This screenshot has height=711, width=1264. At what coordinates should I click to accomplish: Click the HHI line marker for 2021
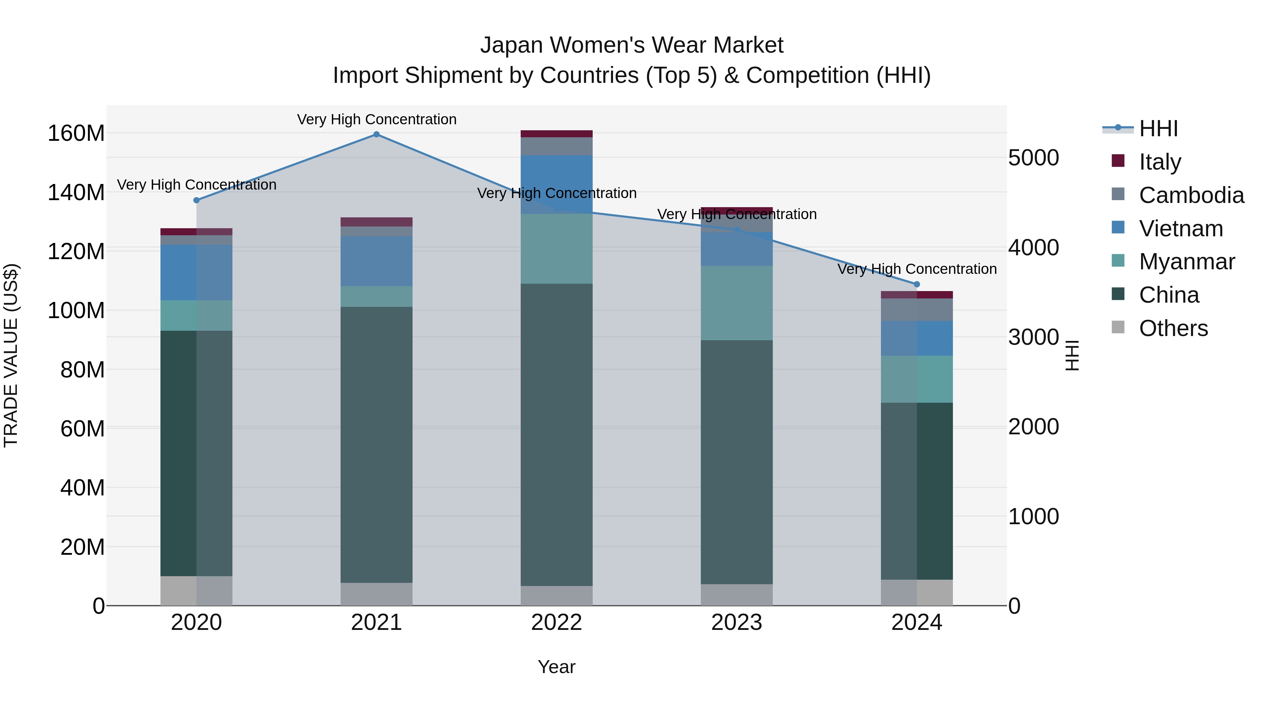[x=376, y=134]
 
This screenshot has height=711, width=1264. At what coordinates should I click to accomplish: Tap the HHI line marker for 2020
[x=196, y=200]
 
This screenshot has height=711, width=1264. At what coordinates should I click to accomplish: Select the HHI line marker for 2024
[x=917, y=284]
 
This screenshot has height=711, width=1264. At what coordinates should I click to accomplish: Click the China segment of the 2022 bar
[x=557, y=434]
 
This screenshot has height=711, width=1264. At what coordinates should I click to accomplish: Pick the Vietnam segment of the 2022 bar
[x=557, y=184]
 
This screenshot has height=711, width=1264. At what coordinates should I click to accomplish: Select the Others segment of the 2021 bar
[x=376, y=594]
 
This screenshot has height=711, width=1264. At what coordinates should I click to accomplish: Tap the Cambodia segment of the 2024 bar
[x=917, y=310]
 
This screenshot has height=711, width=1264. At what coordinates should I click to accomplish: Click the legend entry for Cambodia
[x=1191, y=195]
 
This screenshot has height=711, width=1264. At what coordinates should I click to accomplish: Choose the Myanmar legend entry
[x=1186, y=262]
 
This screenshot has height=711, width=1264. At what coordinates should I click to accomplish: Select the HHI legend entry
[x=1158, y=129]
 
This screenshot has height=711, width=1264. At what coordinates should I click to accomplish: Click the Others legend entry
[x=1173, y=328]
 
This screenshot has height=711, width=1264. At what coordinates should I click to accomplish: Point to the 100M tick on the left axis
[x=76, y=311]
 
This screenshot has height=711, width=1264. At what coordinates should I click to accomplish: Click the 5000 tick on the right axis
[x=1033, y=158]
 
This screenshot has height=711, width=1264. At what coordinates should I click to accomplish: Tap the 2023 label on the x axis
[x=737, y=623]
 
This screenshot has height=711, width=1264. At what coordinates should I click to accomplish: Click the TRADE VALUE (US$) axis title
[x=11, y=355]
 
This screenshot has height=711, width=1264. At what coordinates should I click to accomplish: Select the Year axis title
[x=557, y=667]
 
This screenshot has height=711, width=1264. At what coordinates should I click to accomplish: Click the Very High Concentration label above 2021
[x=376, y=119]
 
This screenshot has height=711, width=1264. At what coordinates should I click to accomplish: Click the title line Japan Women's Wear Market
[x=632, y=45]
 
